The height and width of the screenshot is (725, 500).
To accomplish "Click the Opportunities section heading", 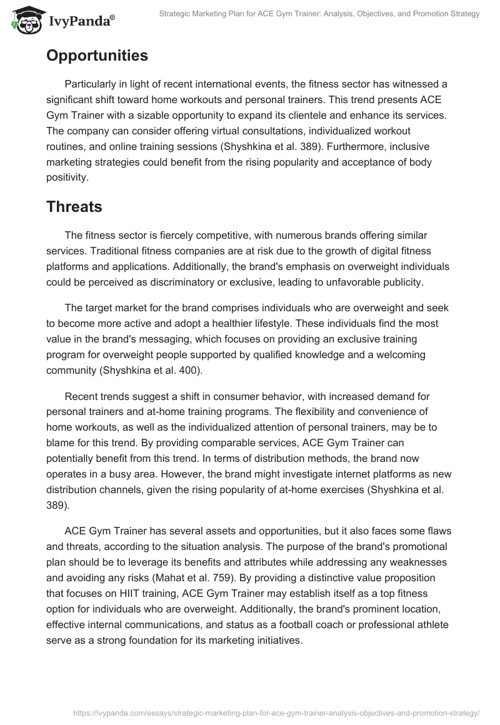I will pos(97,56).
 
